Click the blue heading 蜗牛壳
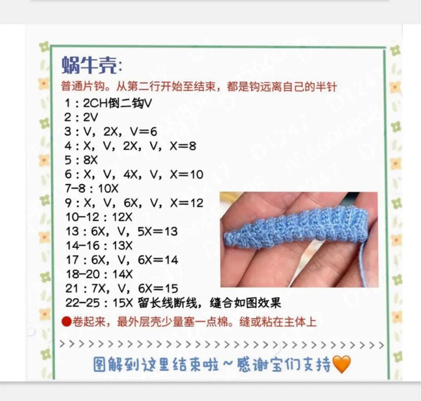(89, 65)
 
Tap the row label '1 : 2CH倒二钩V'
(108, 103)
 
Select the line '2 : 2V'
(81, 117)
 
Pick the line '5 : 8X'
(81, 160)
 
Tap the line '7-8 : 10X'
(92, 188)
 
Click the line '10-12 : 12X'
(99, 217)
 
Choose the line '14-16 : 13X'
(99, 245)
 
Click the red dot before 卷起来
(66, 321)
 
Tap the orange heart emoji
(341, 364)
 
